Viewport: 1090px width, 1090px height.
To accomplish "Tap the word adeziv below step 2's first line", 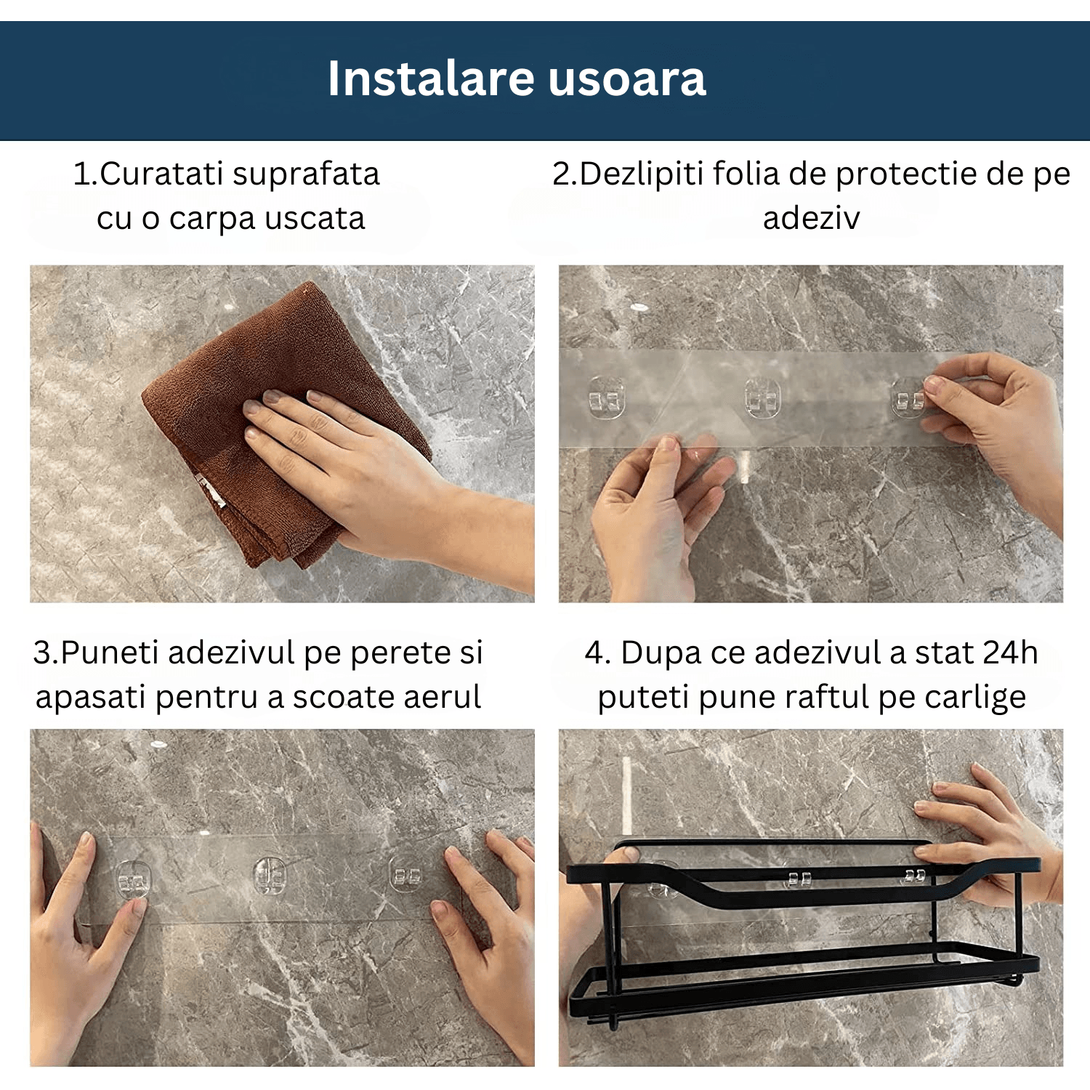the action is coord(811,218).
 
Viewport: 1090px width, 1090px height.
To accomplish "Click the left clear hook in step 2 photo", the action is coord(606,399).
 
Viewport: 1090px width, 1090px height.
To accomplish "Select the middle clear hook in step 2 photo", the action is coord(762,399).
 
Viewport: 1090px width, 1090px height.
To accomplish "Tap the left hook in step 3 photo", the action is coord(134,881).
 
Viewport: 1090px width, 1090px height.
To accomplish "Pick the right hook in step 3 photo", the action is coord(406,875).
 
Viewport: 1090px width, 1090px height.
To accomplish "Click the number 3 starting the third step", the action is coord(41,653).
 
